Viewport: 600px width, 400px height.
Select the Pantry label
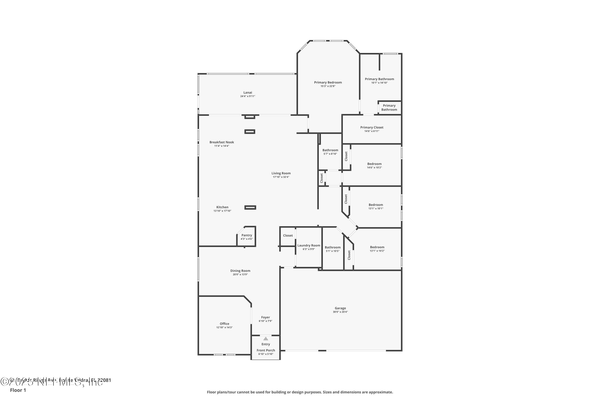(246, 235)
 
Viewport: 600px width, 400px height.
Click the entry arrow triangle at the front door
(266, 339)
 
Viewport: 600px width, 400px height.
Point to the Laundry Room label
(309, 245)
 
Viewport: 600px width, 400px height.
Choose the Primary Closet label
(372, 127)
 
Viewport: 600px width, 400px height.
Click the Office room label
(224, 324)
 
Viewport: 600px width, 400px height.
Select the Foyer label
(266, 317)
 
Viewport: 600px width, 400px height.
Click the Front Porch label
(266, 350)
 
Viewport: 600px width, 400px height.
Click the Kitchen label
(222, 207)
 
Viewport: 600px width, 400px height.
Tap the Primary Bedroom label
(328, 82)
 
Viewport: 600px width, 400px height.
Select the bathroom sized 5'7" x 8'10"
(330, 150)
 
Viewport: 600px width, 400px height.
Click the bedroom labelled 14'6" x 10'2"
(374, 164)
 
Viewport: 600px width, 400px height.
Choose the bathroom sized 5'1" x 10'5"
(332, 247)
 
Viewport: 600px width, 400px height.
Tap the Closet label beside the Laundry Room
(288, 235)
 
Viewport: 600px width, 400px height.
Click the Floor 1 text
(18, 390)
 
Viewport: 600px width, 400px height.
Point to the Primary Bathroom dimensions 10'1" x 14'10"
(379, 83)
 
